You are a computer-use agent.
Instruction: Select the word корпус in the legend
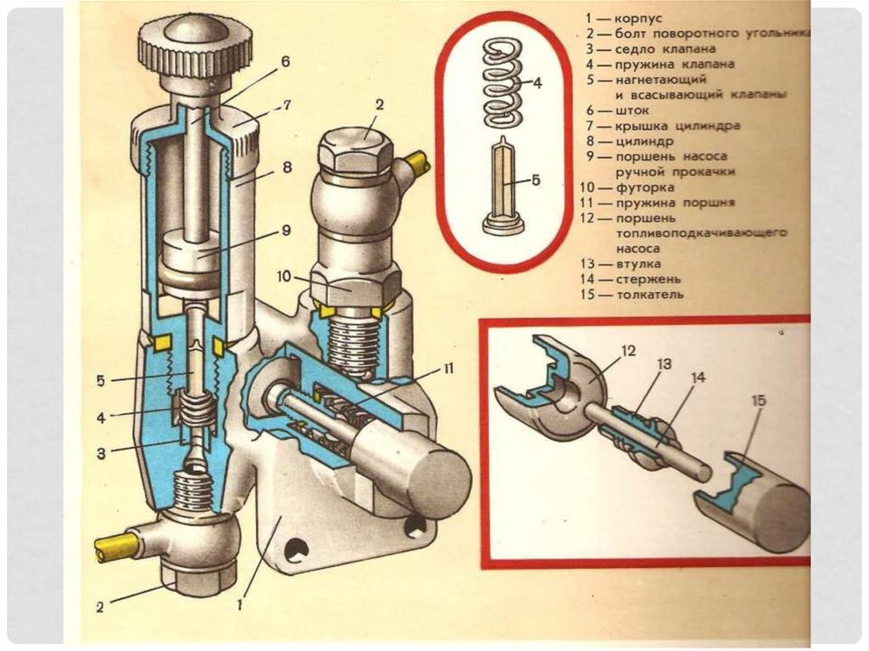[x=638, y=19]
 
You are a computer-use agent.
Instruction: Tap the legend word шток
[x=631, y=110]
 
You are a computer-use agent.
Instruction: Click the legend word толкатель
[x=649, y=295]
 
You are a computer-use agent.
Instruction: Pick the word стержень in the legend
[x=648, y=279]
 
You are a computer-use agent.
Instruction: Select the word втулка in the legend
[x=638, y=263]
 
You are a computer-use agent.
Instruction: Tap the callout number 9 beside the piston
[x=286, y=229]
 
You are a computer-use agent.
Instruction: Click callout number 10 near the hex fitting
[x=283, y=276]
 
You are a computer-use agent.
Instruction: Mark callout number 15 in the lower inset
[x=760, y=400]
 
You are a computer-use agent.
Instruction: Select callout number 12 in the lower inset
[x=628, y=351]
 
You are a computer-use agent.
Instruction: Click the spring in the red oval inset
[x=502, y=82]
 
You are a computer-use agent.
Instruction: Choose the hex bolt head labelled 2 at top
[x=356, y=149]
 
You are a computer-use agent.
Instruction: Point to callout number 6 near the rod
[x=285, y=61]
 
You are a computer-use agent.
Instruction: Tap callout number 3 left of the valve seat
[x=101, y=453]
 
